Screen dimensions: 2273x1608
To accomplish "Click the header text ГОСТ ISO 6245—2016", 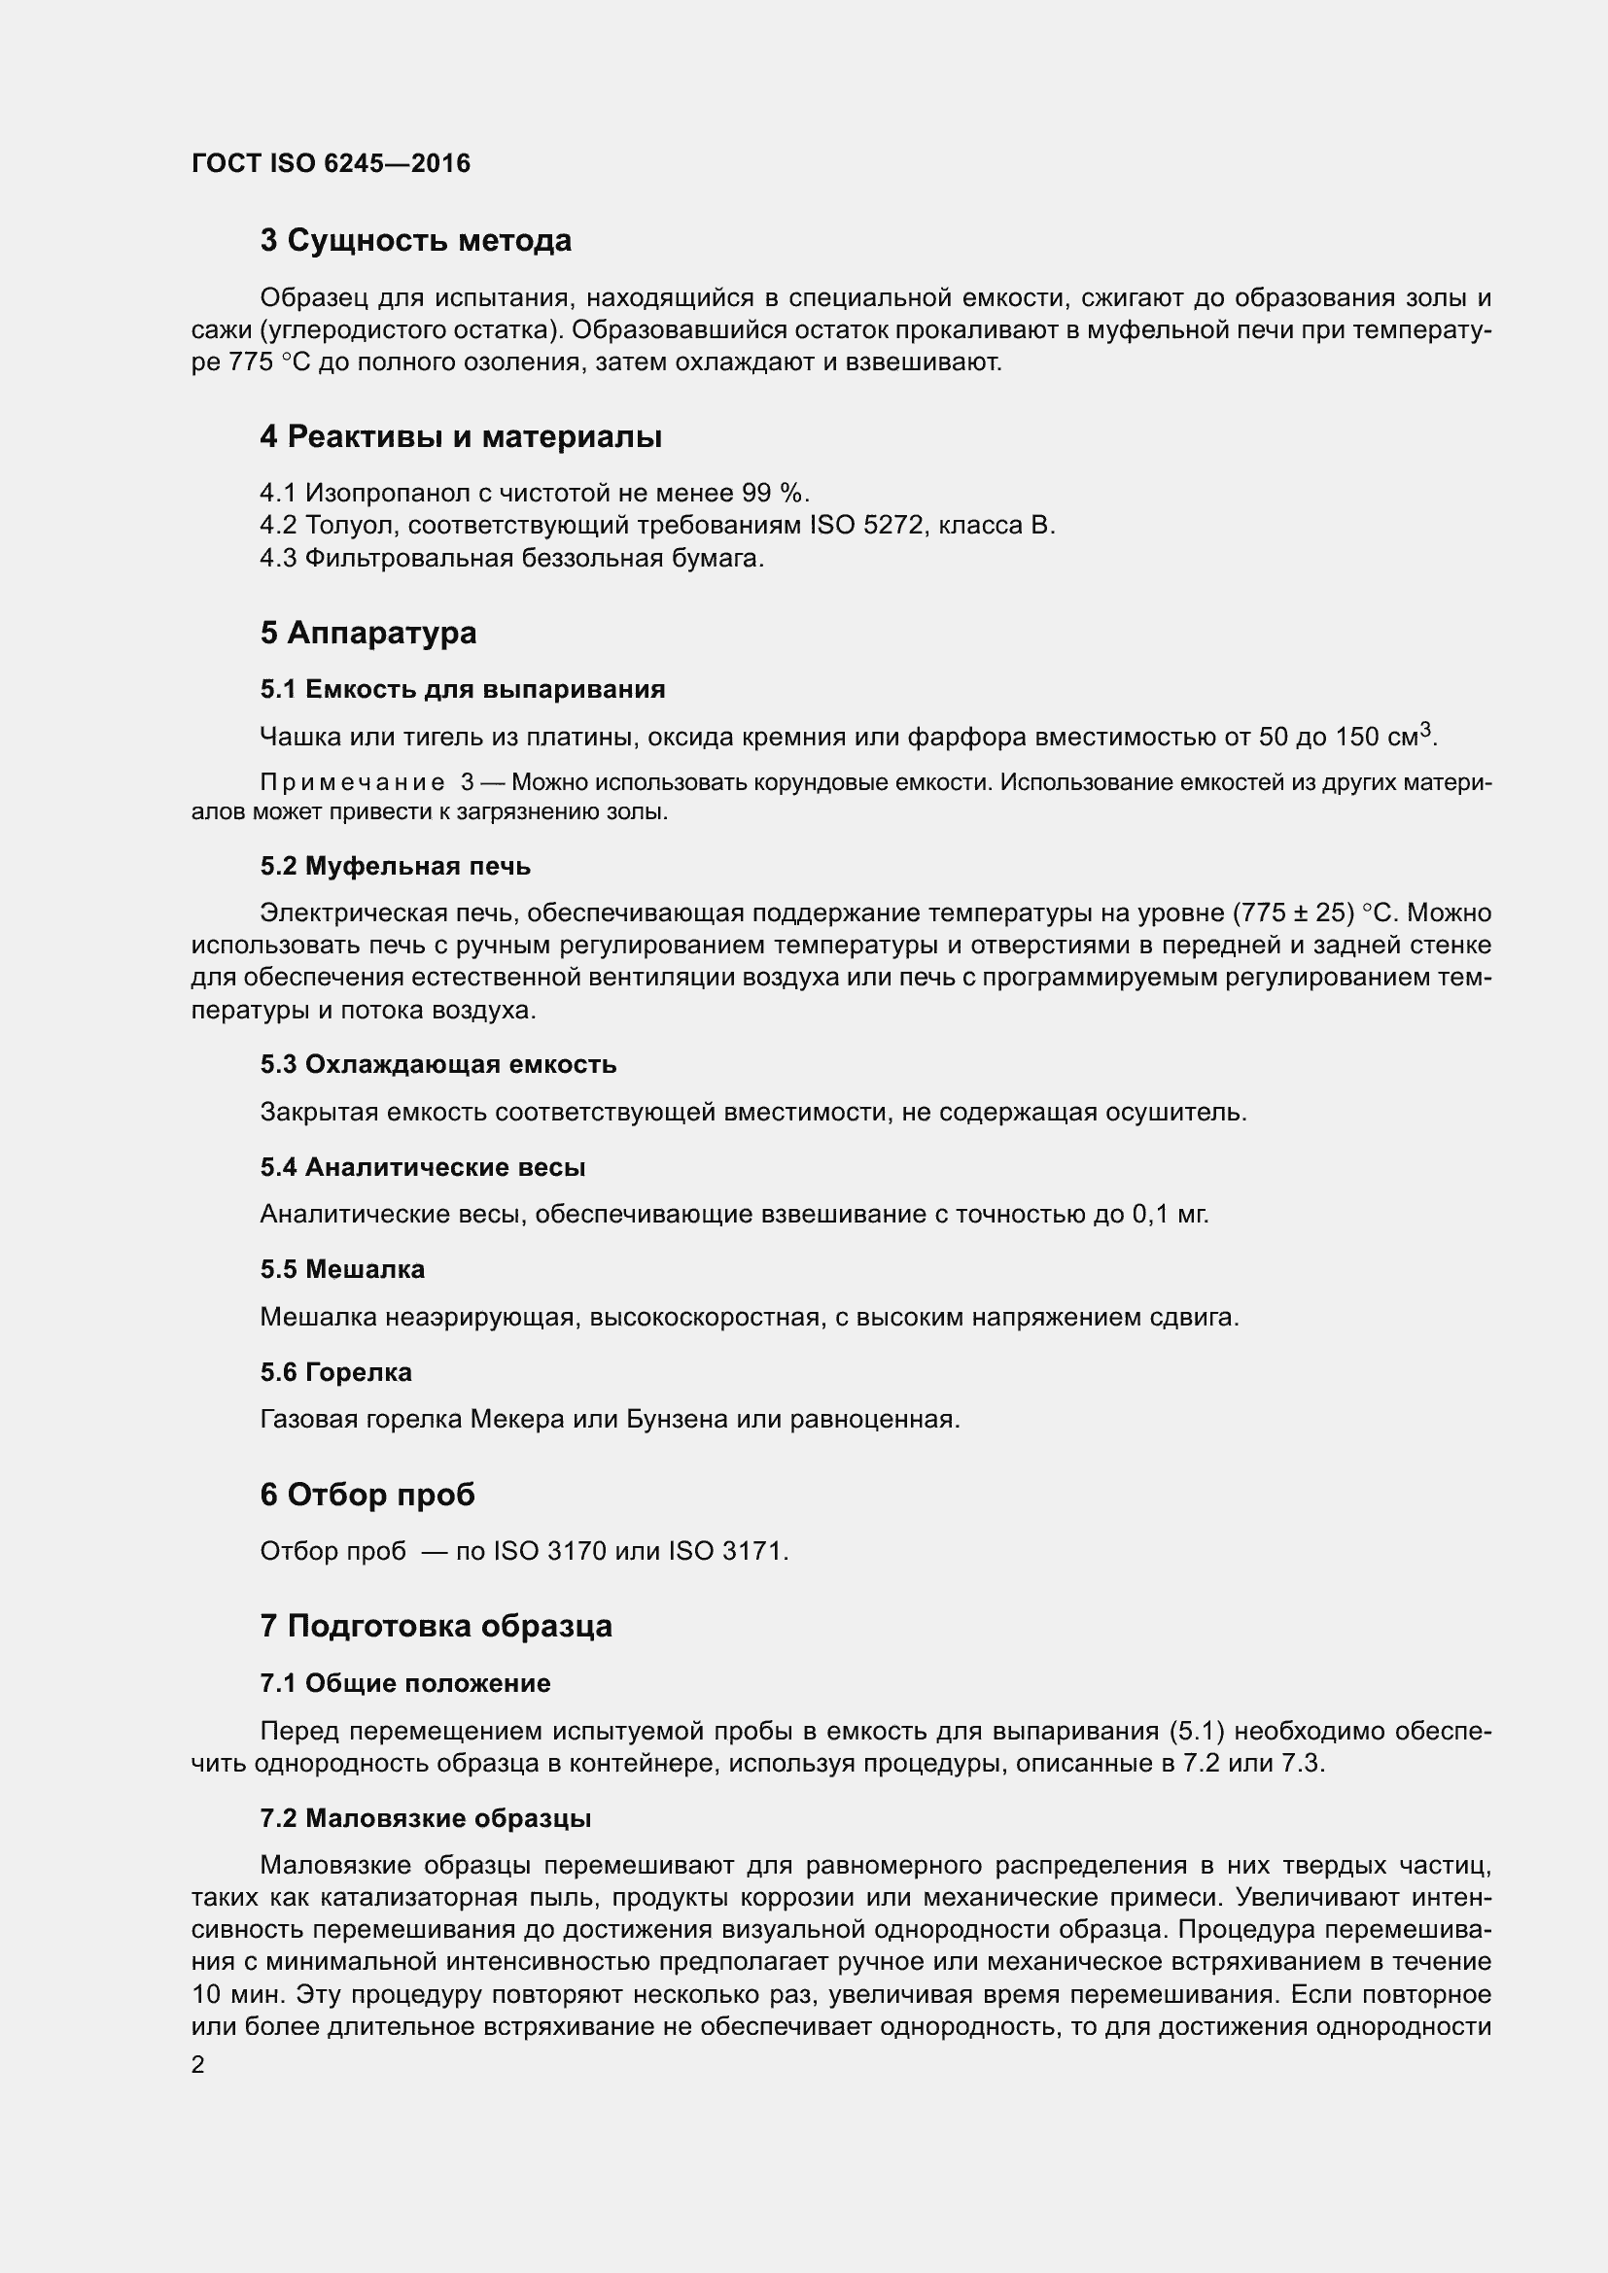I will tap(331, 163).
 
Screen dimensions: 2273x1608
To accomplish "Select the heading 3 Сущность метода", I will tap(416, 241).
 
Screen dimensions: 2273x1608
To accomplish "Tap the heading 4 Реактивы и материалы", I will tap(461, 436).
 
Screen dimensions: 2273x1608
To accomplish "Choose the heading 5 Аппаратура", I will tap(368, 633).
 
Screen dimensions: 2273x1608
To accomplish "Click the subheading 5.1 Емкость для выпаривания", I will tap(463, 689).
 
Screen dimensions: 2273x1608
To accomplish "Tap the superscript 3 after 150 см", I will tap(1426, 730).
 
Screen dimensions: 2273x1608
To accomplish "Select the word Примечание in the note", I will tap(352, 782).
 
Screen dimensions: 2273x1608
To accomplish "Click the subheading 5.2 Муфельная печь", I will tap(395, 866).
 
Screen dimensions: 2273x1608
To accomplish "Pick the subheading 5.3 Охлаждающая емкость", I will tap(437, 1064).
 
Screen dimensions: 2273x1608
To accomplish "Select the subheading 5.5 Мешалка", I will tap(342, 1269).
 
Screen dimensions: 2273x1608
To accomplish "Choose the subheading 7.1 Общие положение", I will tap(405, 1683).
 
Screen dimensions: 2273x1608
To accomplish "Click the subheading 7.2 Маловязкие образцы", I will tap(426, 1818).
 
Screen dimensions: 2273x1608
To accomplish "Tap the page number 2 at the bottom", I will tap(198, 2065).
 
